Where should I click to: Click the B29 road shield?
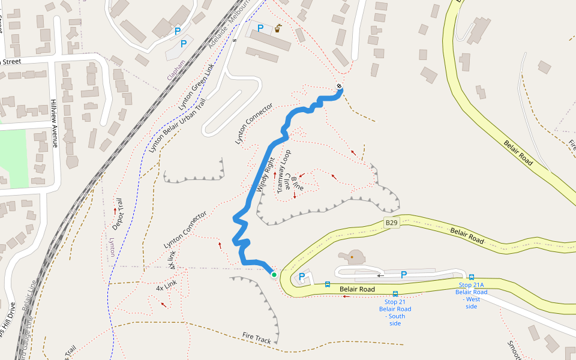[392, 223]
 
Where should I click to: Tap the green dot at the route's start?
[274, 274]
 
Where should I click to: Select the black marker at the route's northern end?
[340, 86]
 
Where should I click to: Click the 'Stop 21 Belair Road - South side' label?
[395, 312]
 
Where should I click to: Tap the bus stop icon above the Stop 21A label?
[472, 277]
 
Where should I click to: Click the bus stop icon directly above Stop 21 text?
[395, 294]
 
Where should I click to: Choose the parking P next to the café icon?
[260, 28]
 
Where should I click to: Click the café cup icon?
[278, 28]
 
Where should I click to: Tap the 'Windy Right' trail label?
[265, 175]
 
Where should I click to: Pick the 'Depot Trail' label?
[117, 214]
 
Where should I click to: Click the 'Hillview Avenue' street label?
[54, 123]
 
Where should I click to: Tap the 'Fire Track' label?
[257, 338]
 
